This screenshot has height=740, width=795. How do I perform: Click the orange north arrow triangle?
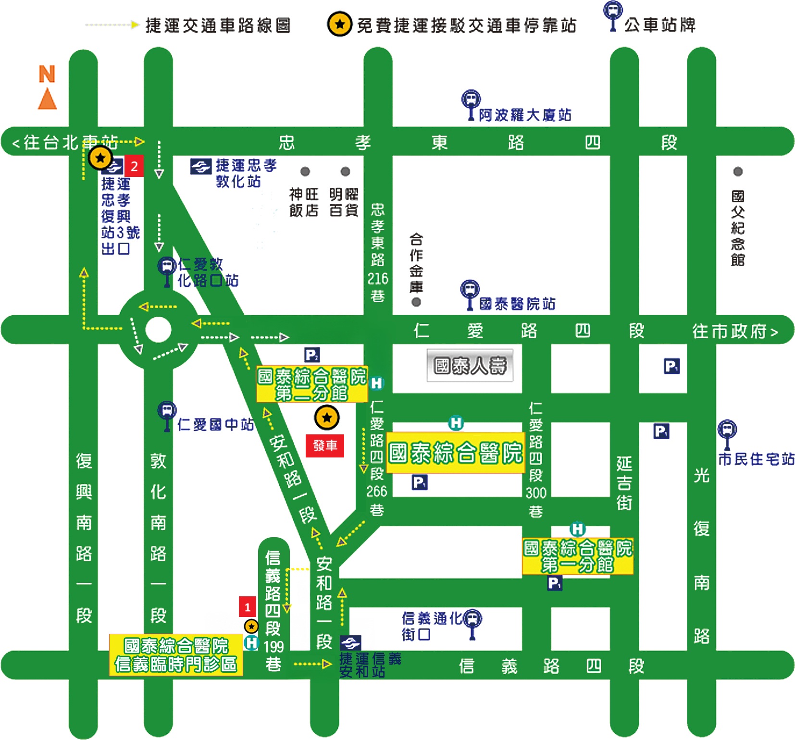point(47,99)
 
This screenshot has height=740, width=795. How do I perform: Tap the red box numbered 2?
point(134,166)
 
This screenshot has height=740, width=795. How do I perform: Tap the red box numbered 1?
point(248,607)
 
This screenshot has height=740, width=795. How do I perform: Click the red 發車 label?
point(325,445)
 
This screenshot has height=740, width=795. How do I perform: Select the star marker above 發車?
point(327,418)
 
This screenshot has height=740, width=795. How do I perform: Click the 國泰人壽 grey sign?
point(470,366)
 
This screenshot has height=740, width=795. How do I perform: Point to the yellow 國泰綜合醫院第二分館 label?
point(311,384)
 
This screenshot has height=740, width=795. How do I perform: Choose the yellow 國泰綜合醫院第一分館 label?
point(577,556)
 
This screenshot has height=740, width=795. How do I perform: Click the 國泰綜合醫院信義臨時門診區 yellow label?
point(176,655)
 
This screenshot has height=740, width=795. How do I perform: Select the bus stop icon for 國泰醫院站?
point(470,293)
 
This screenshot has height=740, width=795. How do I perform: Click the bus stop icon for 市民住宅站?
point(727,433)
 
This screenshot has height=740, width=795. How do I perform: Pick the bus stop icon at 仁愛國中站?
point(167,414)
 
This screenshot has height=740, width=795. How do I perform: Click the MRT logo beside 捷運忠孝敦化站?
point(200,167)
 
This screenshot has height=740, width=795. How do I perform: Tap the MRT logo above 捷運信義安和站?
point(350,642)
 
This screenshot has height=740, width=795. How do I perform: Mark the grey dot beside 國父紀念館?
point(738,172)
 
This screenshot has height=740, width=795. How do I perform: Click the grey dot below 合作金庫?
point(416,302)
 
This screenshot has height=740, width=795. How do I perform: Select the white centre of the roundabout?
point(158,330)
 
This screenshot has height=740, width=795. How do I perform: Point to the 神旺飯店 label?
point(304,202)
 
